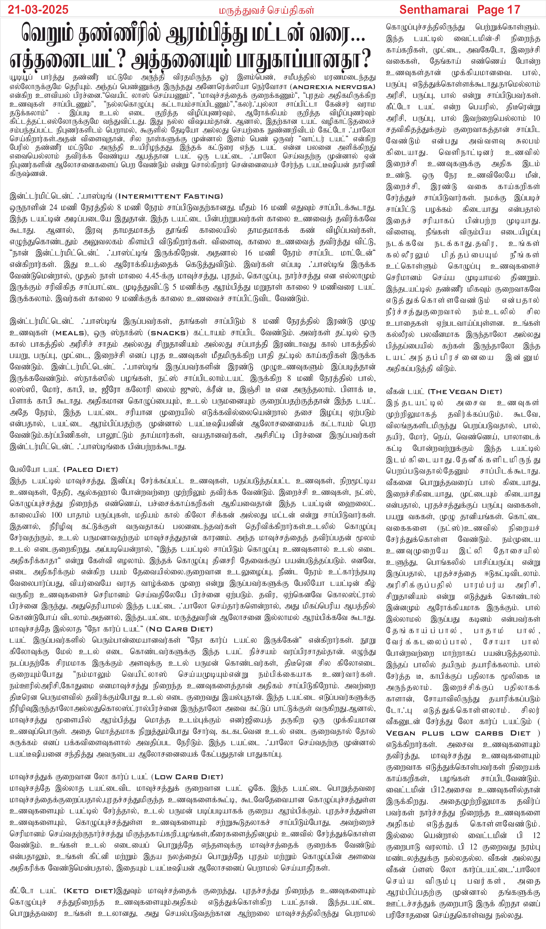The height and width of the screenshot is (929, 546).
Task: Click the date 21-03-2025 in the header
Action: click(x=38, y=10)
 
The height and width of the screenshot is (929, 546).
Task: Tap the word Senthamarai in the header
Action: click(x=434, y=10)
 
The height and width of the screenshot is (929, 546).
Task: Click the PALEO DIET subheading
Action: click(x=91, y=470)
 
